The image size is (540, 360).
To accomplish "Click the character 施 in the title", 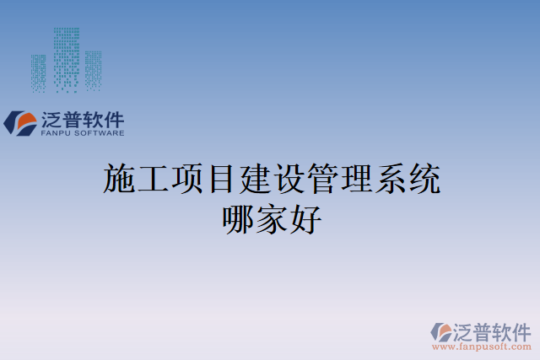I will point(120,180).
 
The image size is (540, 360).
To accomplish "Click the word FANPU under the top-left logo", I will point(57,133).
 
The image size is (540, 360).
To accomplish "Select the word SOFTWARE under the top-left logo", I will point(100,133).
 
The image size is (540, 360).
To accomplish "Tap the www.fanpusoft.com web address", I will point(481,346).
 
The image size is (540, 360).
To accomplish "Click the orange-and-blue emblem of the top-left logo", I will point(20,123).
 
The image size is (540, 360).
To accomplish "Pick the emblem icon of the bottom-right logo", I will point(442,330).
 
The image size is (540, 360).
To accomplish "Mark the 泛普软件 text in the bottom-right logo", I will point(492,329).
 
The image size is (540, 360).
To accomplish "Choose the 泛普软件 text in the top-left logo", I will point(83,119).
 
